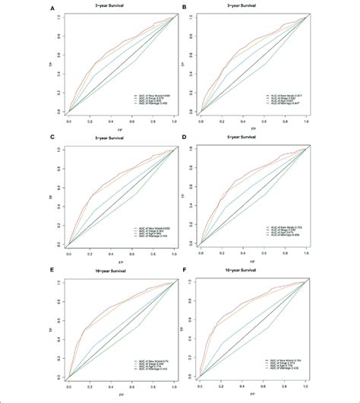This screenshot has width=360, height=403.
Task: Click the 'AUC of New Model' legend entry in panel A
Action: pos(145,92)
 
